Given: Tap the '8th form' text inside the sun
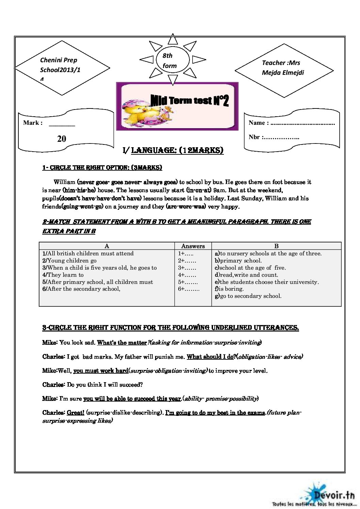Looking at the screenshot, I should point(169,61).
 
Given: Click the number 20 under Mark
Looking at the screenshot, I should point(62,139).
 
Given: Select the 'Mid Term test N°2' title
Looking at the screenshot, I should point(190,100).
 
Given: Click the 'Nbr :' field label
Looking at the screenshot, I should point(255,137).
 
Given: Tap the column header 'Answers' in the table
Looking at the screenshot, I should point(193,246).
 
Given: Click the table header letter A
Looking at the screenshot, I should point(107,246).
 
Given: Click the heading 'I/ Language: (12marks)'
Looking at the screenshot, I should point(173,150).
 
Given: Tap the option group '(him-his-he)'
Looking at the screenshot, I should point(79,190).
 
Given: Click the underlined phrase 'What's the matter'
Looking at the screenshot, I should point(122,343).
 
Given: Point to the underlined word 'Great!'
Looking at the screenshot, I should point(76,413).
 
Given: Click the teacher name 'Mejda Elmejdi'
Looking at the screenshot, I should point(283,72).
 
